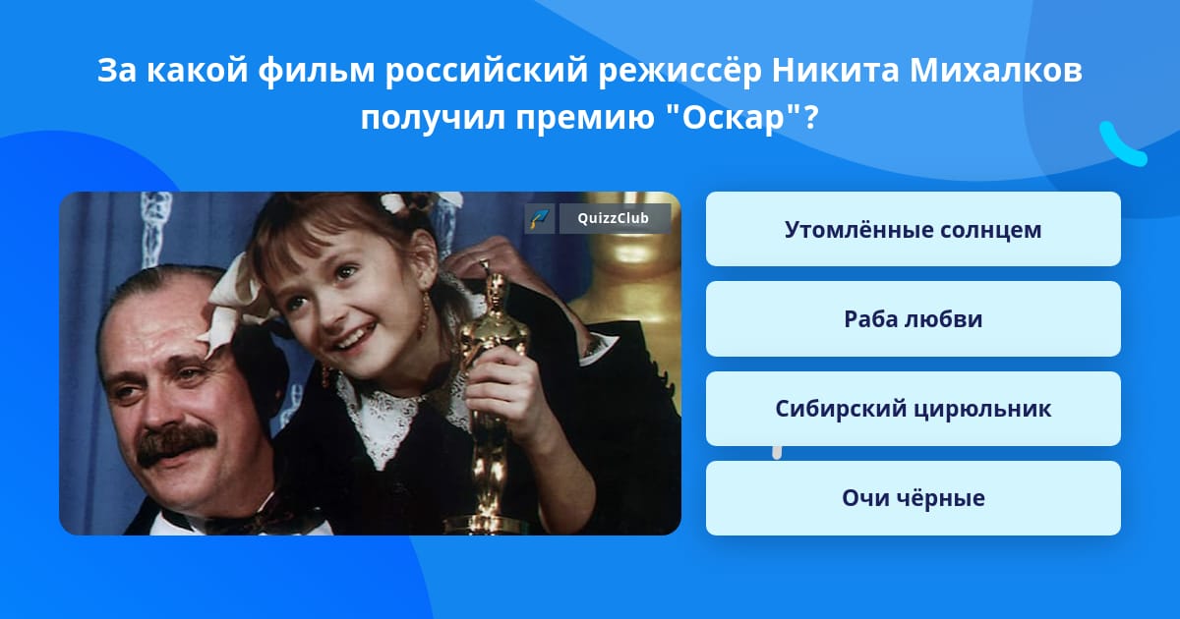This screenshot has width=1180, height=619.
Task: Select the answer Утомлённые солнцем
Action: [x=913, y=230]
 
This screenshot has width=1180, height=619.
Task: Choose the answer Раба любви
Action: [x=913, y=319]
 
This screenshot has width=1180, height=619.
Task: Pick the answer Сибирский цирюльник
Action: [x=913, y=409]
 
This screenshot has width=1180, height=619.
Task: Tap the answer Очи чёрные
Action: [x=913, y=498]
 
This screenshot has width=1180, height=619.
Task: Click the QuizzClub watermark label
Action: [x=615, y=218]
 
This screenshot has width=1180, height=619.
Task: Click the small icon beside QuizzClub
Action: [x=539, y=218]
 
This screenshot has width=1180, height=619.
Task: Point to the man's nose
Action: [x=167, y=403]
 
